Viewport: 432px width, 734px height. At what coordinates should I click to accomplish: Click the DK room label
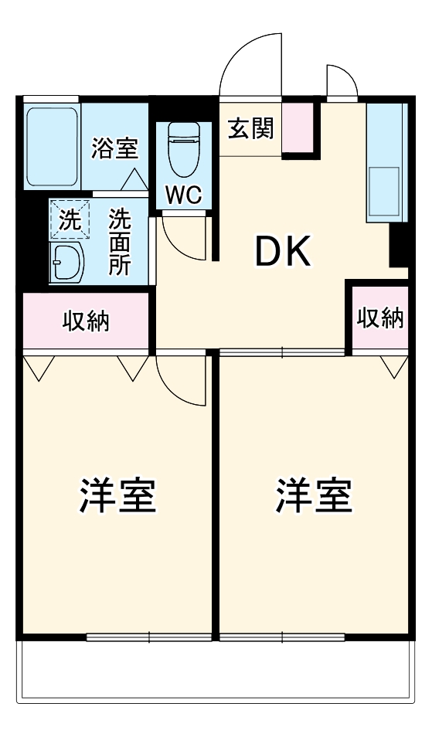(x=283, y=252)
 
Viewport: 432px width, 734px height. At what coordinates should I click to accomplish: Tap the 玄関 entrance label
(x=250, y=128)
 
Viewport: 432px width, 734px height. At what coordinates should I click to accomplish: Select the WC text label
(x=183, y=195)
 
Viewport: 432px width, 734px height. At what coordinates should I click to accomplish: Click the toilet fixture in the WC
(x=183, y=151)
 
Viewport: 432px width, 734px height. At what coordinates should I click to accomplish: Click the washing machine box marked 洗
(x=70, y=219)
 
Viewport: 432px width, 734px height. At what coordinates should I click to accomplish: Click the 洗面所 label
(x=119, y=242)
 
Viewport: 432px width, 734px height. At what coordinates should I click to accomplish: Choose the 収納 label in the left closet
(x=86, y=321)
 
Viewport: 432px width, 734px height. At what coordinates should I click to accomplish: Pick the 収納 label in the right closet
(x=380, y=318)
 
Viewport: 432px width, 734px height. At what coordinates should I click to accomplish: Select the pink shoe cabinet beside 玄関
(x=298, y=127)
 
